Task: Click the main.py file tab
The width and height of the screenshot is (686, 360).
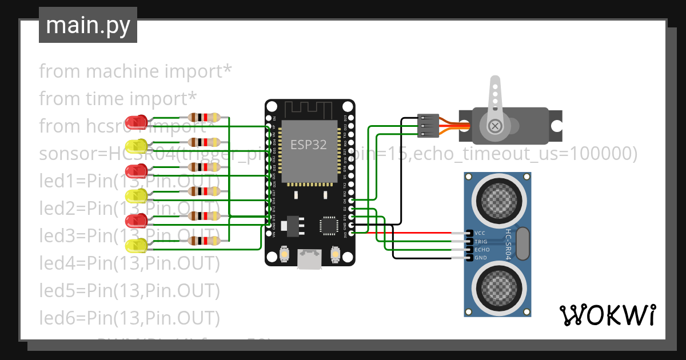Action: coord(87,25)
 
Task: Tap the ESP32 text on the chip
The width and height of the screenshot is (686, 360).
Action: coord(308,145)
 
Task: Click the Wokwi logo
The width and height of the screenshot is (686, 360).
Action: coord(607,315)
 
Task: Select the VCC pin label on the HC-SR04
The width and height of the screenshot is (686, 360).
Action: coord(480,233)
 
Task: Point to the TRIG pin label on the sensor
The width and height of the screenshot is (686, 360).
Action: coord(481,242)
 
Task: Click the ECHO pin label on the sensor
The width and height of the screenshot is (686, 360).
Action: coord(482,250)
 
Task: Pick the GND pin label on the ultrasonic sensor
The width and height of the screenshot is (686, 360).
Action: coord(481,258)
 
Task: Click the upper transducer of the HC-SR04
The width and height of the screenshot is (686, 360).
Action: coord(497,198)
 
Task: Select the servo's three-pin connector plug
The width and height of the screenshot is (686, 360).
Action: coord(428,125)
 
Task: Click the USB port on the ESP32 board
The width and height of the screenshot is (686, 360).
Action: coord(309,259)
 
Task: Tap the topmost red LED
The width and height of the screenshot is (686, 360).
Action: coord(137,122)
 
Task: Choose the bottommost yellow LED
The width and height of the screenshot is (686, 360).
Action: coord(137,246)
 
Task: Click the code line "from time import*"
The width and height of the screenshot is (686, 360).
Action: coord(118,98)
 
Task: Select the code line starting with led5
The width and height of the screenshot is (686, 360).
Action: coord(129,290)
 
